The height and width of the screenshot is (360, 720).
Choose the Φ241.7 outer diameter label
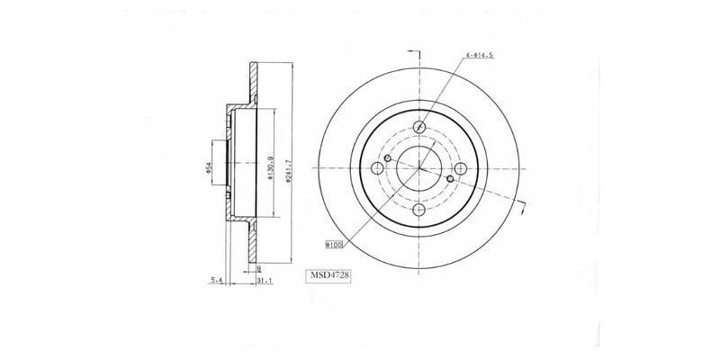pos(288,168)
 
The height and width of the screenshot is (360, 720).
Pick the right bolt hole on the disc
pos(461,168)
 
